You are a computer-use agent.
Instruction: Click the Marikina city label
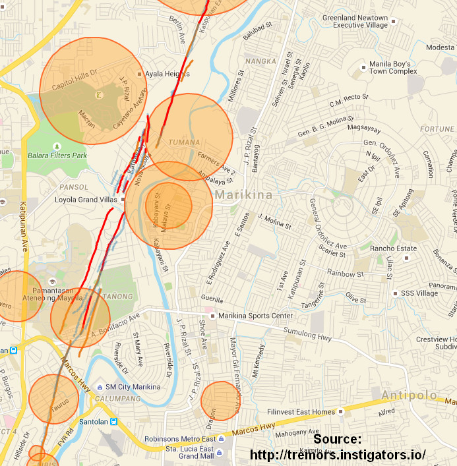point(243,195)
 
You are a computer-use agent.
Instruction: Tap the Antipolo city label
point(409,395)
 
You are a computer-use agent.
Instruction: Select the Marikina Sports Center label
point(256,316)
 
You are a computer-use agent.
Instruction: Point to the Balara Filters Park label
point(57,156)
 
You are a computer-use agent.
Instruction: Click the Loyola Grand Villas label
point(85,198)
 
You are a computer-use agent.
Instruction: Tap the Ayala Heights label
point(167,74)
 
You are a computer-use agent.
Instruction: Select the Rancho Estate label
point(393,248)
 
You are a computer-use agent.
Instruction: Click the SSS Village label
point(419,293)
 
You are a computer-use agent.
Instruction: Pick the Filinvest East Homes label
point(301,412)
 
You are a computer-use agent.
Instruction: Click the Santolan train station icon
point(114,421)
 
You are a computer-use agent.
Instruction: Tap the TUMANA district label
point(183,142)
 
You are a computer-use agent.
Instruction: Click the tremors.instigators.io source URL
point(338,455)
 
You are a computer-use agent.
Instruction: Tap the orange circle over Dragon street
point(220,401)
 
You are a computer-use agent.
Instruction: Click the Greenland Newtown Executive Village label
point(355,21)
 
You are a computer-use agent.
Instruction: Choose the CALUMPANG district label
point(117,399)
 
